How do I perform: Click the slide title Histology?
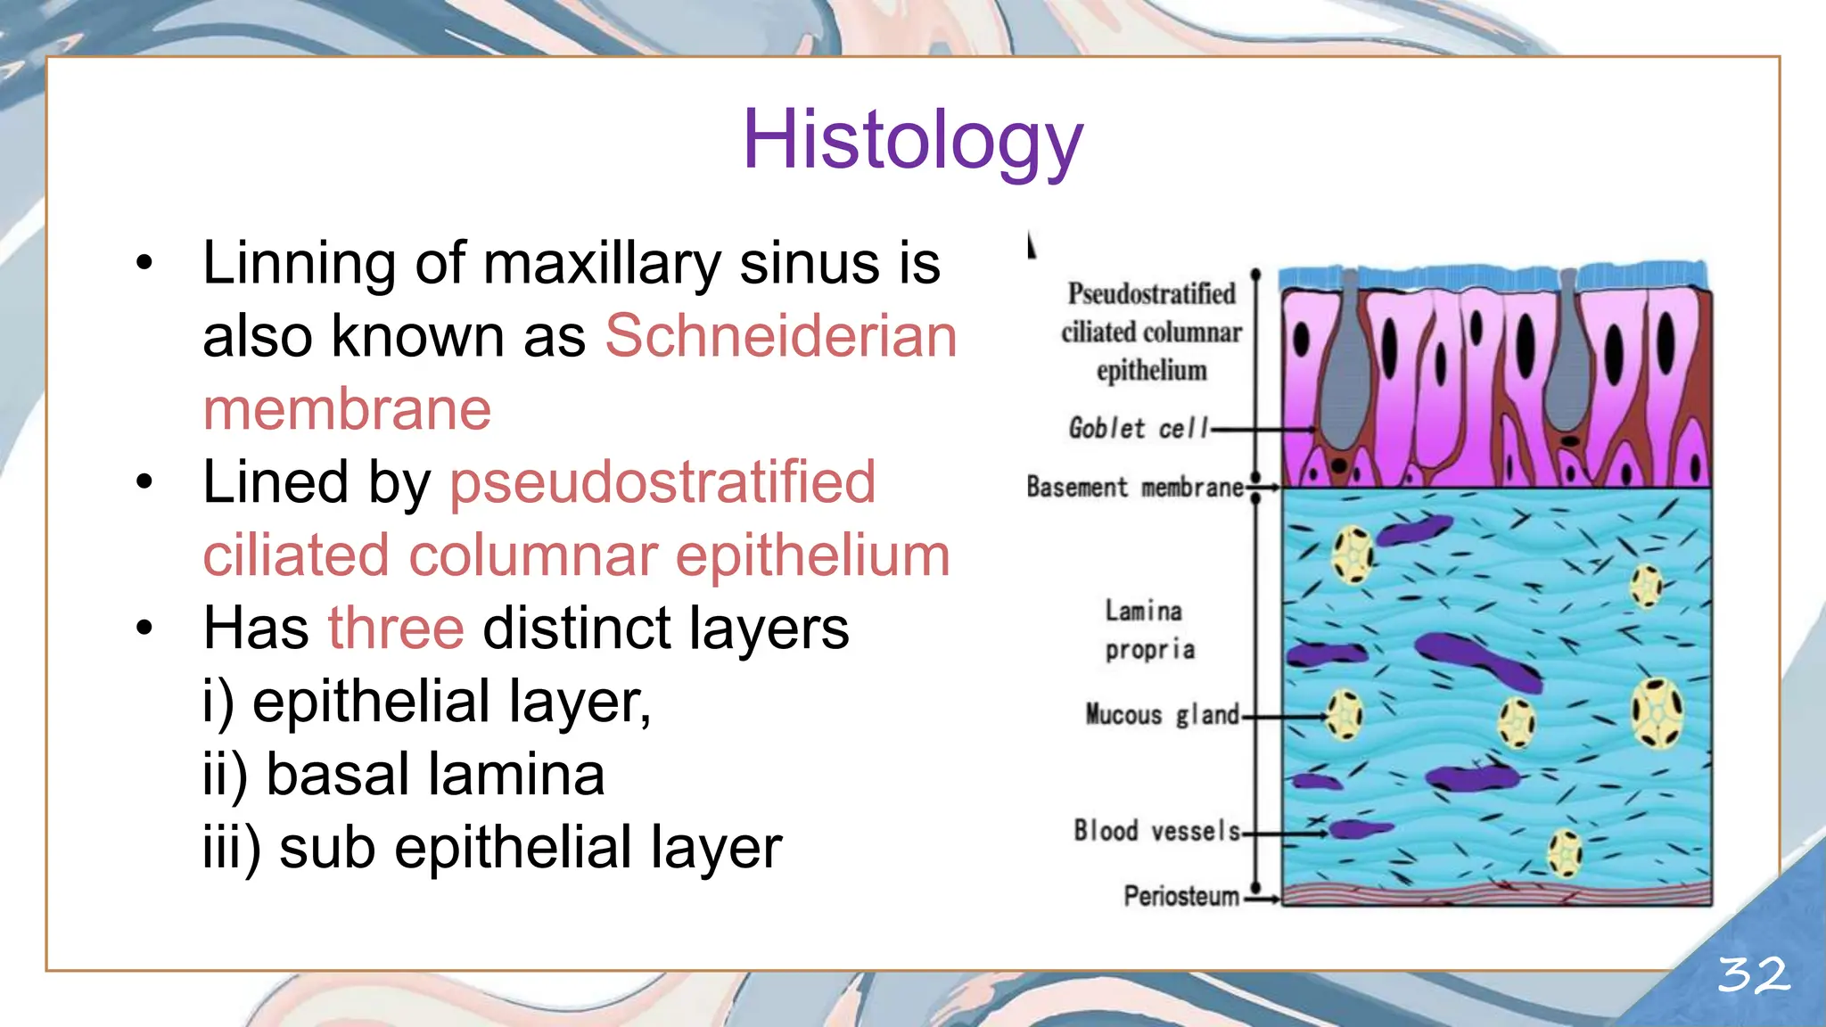912,140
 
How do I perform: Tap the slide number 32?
1753,974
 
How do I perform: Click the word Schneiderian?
781,337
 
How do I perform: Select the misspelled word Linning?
299,264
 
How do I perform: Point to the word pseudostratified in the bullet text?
662,483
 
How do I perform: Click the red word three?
396,629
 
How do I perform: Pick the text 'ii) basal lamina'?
404,774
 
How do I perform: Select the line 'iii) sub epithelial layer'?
492,847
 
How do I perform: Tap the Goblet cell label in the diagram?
1138,429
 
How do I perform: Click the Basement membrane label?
1134,488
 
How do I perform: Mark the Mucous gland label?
1162,715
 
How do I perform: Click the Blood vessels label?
1156,831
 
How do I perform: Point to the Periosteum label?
1180,896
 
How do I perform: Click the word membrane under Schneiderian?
347,410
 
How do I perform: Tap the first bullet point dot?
144,264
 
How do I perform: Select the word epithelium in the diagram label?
1151,371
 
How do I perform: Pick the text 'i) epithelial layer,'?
427,702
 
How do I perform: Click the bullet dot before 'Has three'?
144,629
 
